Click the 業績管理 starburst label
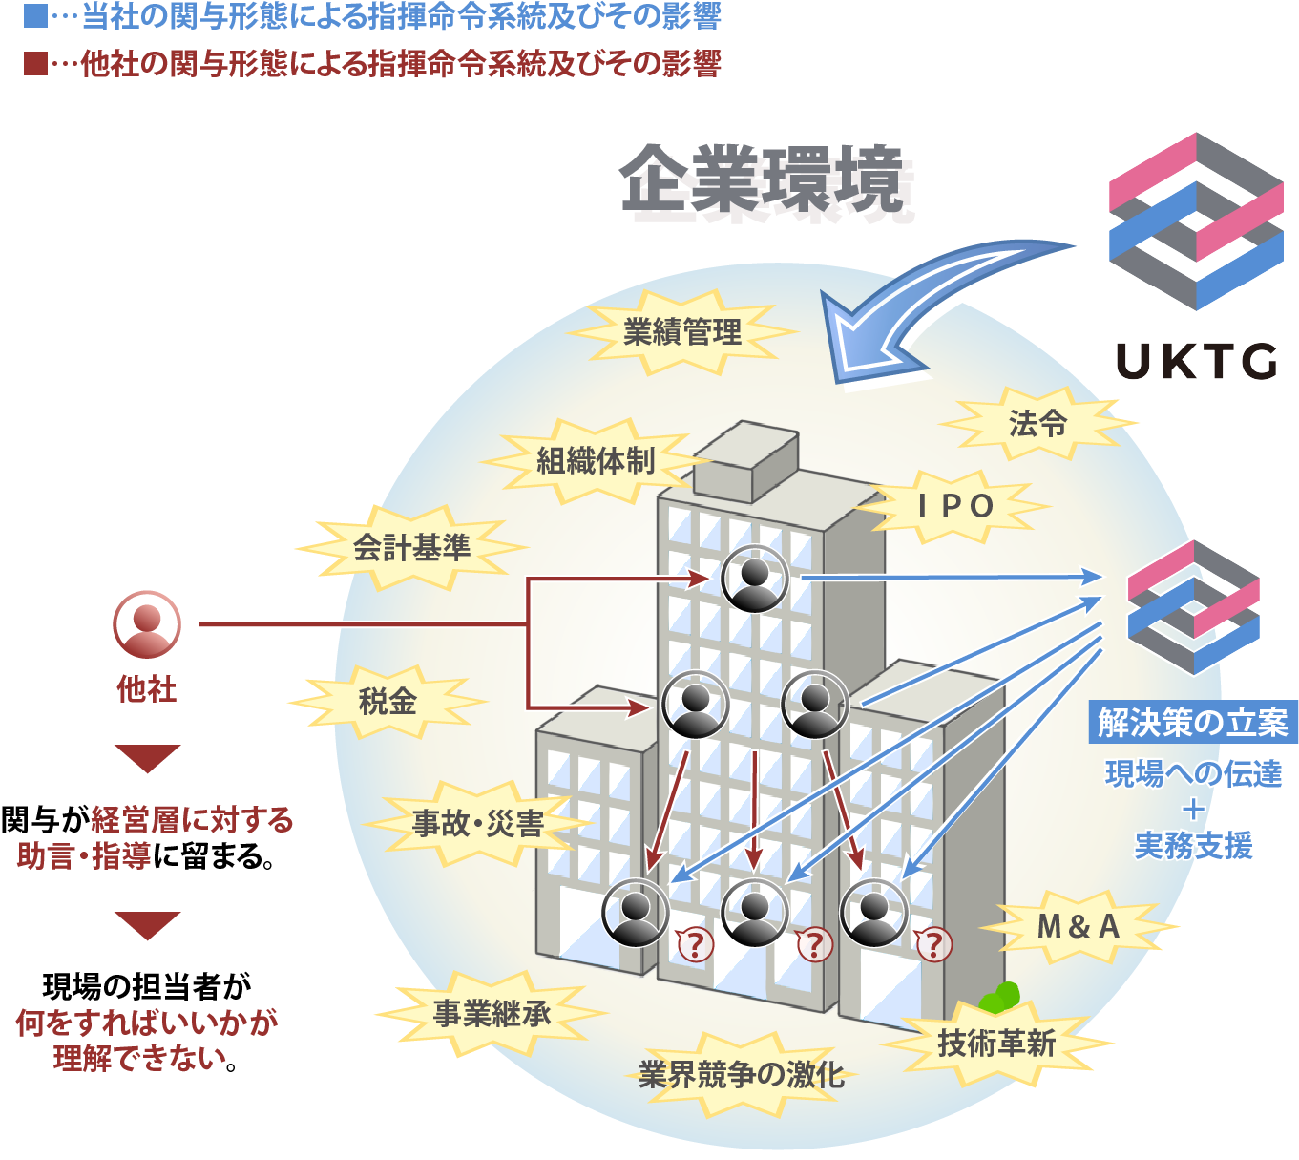pos(681,332)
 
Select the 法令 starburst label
pos(1037,423)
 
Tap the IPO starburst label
pos(955,506)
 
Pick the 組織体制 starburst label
pos(595,461)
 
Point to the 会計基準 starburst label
pos(411,547)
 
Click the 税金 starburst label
pos(388,702)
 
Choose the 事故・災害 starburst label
pos(477,823)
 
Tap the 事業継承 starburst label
pos(492,1013)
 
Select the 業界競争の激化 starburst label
pos(742,1074)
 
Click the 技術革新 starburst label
pos(996,1044)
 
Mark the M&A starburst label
pos(1079,926)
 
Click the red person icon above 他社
pos(147,624)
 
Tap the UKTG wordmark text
pos(1196,362)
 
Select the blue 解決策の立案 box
pos(1193,723)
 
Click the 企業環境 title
pos(761,179)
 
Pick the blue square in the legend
pos(35,16)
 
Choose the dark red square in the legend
pos(35,64)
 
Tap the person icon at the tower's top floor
pos(755,578)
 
